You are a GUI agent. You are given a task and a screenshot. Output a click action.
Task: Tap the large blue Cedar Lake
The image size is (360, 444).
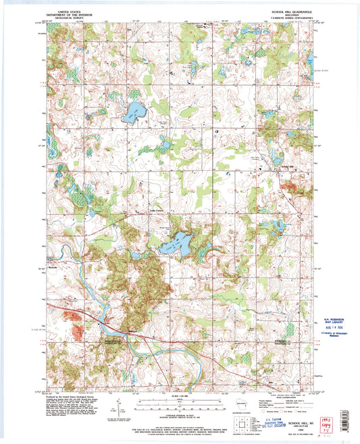(x=177, y=244)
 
